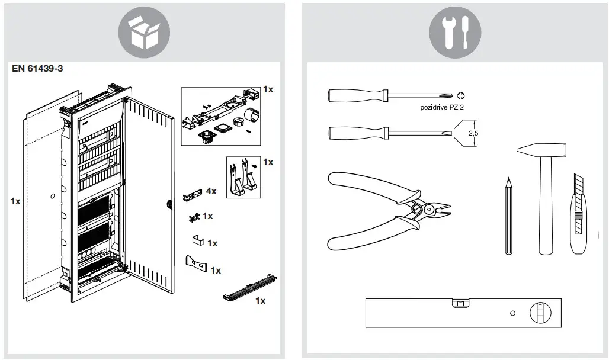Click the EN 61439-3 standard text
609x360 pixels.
coord(37,68)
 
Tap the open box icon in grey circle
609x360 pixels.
coord(145,32)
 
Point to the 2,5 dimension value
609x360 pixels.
coord(473,134)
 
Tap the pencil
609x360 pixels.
coord(508,216)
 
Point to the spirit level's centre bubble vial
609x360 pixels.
coord(459,304)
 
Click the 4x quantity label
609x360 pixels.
coord(210,191)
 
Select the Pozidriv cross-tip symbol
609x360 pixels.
coord(462,95)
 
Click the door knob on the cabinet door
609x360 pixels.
coord(169,205)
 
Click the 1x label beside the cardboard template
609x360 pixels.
coord(15,201)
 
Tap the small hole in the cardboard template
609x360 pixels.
coord(53,195)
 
